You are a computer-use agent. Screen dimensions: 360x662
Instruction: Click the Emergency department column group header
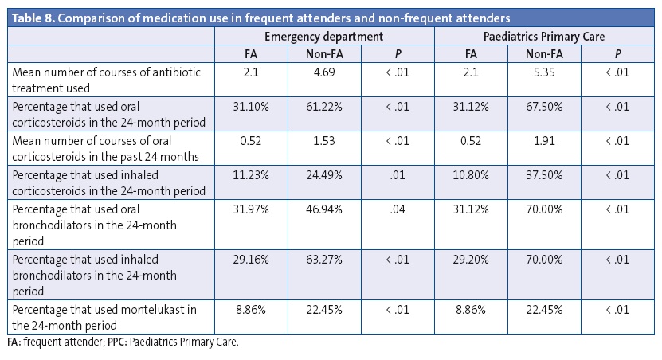pos(324,36)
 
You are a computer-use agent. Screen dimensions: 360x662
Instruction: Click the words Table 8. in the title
pos(31,16)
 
